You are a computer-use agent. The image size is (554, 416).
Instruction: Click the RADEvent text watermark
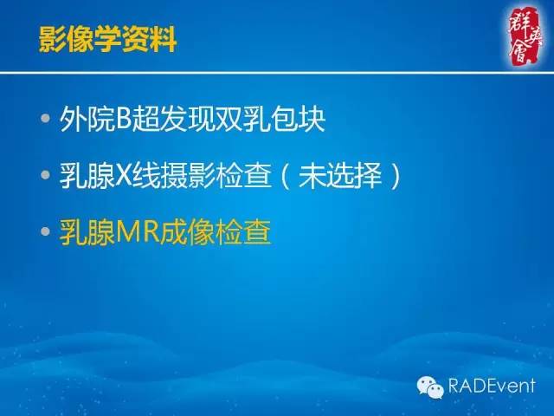click(x=490, y=387)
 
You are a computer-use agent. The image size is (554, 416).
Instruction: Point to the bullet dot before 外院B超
click(x=45, y=119)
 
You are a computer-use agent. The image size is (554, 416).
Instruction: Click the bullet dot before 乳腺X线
click(x=45, y=176)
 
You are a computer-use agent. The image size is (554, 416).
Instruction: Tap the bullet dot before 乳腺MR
click(x=45, y=233)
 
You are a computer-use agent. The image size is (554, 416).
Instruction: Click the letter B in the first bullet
click(x=125, y=119)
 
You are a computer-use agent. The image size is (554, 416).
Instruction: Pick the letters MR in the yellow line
click(x=138, y=233)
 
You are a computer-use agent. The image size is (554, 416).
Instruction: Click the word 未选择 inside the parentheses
click(x=340, y=176)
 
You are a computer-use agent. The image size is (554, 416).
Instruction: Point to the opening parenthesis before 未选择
click(x=287, y=176)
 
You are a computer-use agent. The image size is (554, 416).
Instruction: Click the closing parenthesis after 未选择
click(x=394, y=176)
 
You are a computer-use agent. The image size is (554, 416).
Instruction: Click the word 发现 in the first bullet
click(x=188, y=119)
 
